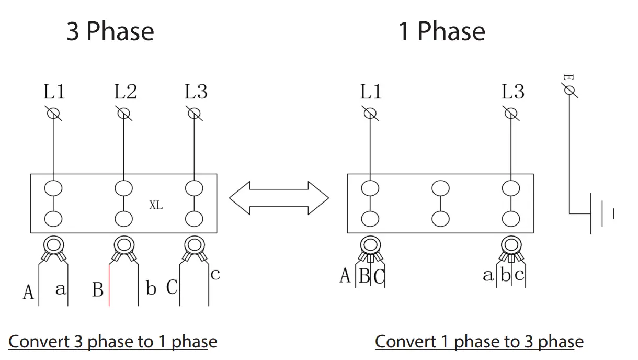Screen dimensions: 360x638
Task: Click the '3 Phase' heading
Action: pos(110,31)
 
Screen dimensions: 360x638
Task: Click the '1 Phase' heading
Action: pos(442,31)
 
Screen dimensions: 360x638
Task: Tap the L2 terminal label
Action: pos(125,92)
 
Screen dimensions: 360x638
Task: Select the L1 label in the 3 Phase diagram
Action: pos(54,92)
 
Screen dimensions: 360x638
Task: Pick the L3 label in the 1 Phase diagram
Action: pos(512,92)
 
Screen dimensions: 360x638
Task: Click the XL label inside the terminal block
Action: pos(156,206)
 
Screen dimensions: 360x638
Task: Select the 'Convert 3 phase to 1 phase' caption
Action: pos(112,342)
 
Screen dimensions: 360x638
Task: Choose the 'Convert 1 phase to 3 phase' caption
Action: pos(479,342)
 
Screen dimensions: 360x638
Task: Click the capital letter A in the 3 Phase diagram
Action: pos(28,292)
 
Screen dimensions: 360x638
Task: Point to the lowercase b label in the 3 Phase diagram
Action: pos(151,288)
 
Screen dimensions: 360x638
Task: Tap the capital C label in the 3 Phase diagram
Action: pos(172,287)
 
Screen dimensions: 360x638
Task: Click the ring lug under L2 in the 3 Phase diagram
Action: pos(123,245)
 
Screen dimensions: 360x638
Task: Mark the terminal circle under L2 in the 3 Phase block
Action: pos(123,187)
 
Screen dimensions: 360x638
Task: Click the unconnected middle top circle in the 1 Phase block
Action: pos(440,187)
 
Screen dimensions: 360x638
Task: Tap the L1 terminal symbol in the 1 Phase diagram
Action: pos(370,113)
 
